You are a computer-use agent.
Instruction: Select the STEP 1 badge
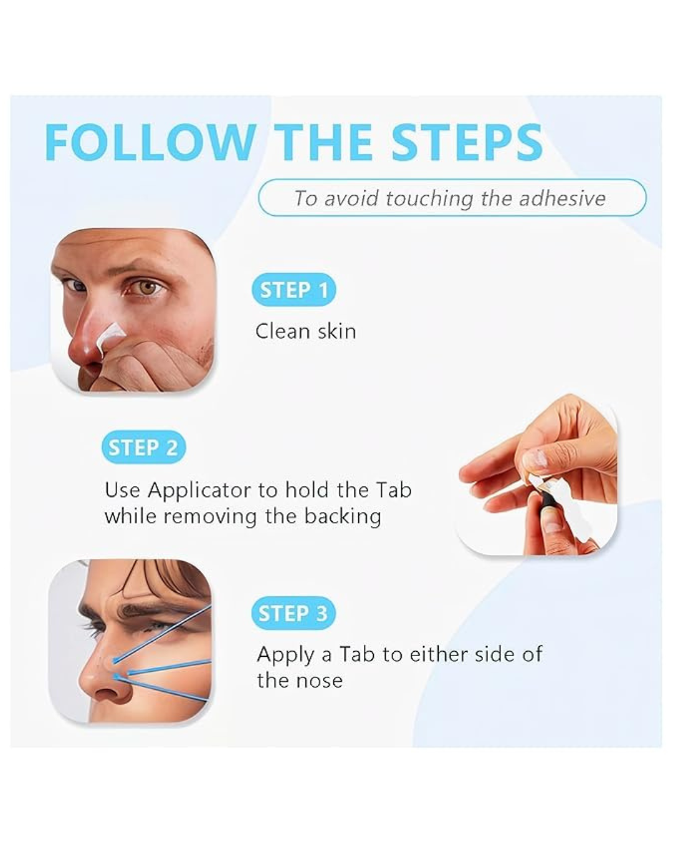(x=294, y=290)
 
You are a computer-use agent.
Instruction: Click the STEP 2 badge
(x=143, y=447)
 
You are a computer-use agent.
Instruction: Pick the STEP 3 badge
(x=294, y=613)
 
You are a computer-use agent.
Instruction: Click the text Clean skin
(x=306, y=331)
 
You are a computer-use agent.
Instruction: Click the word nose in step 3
(x=320, y=681)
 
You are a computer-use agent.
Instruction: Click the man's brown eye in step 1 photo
(x=148, y=288)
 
